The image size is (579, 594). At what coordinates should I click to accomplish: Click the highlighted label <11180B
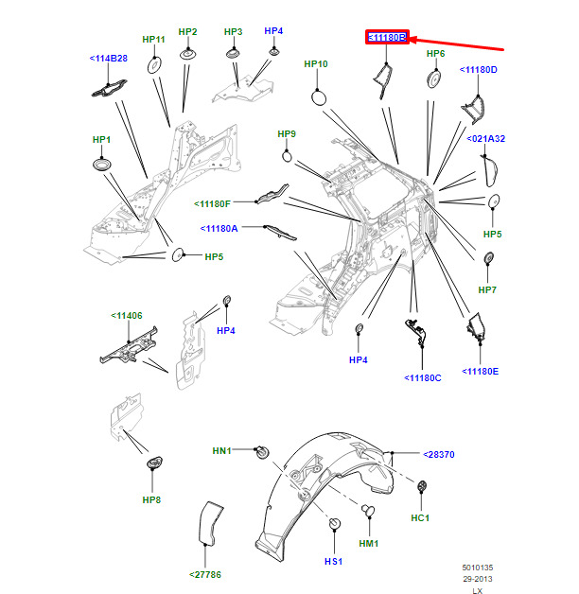coord(387,38)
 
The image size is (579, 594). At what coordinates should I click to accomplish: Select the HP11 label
coord(153,40)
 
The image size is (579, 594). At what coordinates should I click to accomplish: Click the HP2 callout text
coord(188,32)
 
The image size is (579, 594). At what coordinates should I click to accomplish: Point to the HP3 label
coord(234,32)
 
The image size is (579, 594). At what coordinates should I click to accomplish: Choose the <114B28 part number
coord(109,59)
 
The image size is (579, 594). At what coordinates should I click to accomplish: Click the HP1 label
coord(101,140)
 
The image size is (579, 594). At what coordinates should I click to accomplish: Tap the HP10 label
coord(316,64)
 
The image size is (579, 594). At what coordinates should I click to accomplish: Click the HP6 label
coord(435,54)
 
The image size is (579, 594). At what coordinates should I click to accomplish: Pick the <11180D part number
coord(479,70)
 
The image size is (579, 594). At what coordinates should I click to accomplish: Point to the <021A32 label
coord(486,139)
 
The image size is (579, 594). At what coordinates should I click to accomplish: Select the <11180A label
coord(219,229)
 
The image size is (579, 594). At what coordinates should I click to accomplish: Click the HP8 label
coord(152,499)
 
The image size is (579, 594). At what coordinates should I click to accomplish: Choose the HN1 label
coord(222,450)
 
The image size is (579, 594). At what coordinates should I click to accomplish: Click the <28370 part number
coord(439,455)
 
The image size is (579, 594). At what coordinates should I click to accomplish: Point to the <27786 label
coord(205,574)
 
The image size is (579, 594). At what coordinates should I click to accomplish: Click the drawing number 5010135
coord(477,568)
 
